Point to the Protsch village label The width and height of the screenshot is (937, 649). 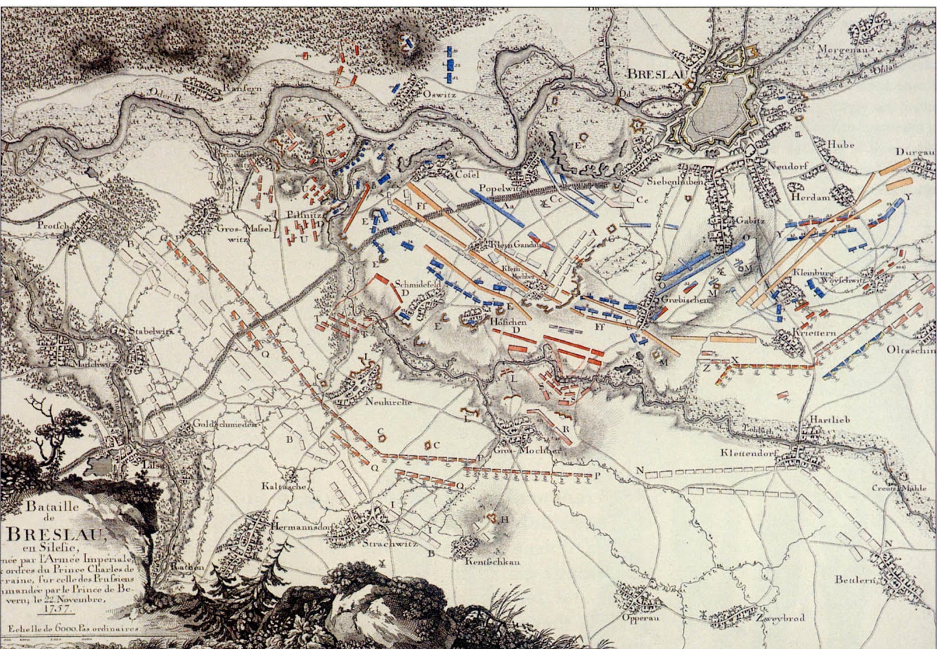(53, 225)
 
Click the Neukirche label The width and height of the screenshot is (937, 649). (388, 402)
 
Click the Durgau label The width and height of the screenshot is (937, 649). (913, 152)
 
